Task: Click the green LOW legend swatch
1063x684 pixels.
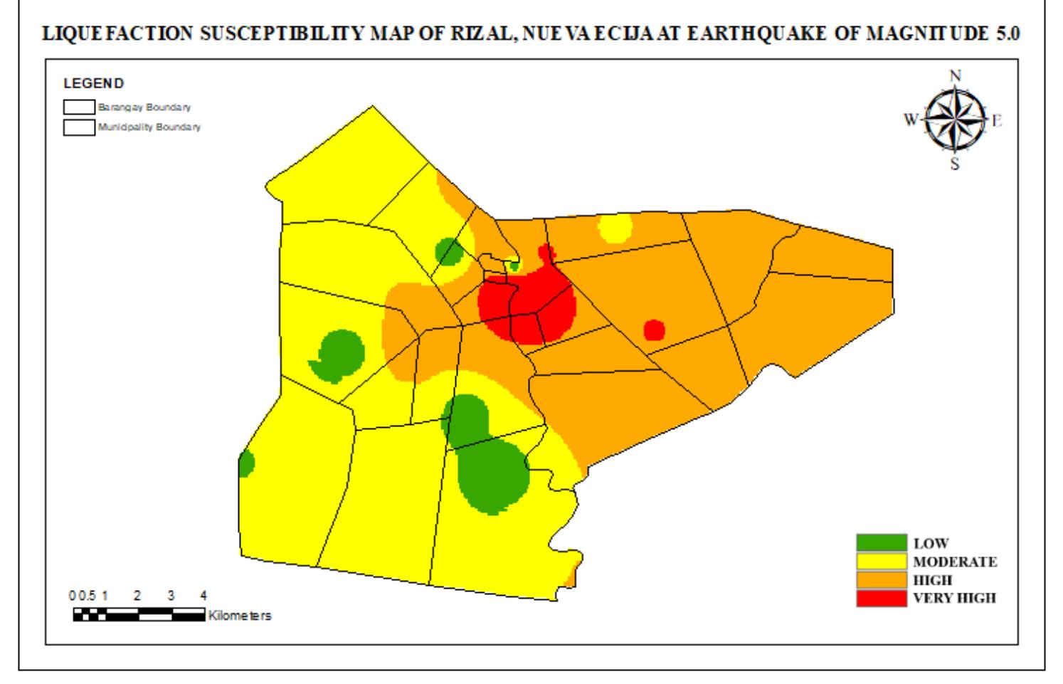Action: click(881, 543)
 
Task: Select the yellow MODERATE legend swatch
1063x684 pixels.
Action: click(881, 562)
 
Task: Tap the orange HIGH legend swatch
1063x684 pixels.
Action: click(881, 580)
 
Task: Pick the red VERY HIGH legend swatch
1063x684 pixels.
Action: click(881, 598)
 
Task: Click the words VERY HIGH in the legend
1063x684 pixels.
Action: click(954, 598)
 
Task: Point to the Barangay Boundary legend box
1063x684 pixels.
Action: click(79, 107)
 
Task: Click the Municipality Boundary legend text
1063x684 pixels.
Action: click(149, 127)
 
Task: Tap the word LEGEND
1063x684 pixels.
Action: click(93, 84)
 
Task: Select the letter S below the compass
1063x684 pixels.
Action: click(955, 164)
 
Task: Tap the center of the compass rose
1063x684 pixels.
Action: click(955, 119)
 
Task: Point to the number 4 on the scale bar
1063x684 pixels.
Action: click(203, 595)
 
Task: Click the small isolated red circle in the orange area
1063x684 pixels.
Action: click(654, 330)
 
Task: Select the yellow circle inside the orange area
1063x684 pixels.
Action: click(615, 228)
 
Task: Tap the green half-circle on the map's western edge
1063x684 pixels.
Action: click(245, 463)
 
